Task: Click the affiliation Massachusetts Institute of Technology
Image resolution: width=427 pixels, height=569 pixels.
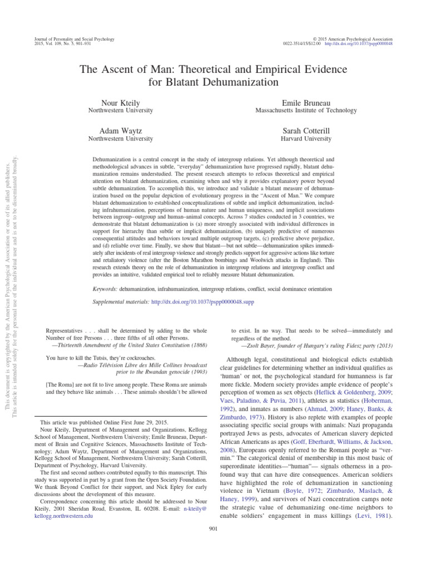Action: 306,111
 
